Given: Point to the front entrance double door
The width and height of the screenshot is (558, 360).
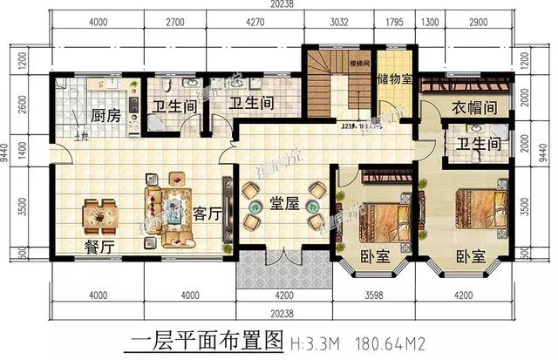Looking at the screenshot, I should pyautogui.click(x=281, y=261).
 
